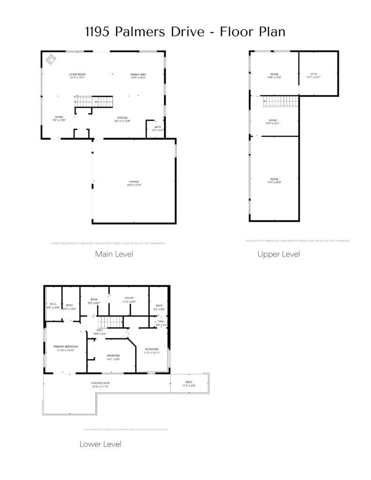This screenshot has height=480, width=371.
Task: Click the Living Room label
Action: tap(77, 75)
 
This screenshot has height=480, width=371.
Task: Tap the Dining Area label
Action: tap(138, 75)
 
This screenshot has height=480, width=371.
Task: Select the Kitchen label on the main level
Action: tap(122, 118)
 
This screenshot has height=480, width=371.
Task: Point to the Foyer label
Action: tap(59, 117)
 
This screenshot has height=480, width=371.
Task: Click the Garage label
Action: tap(135, 182)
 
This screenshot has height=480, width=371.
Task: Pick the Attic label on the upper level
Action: tap(314, 74)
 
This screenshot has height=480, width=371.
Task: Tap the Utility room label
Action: tap(129, 298)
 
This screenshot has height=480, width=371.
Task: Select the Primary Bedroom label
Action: tap(65, 346)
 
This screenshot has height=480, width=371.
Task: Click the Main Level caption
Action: tap(114, 254)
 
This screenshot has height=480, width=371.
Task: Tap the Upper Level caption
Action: tap(279, 254)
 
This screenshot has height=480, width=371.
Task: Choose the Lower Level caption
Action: tap(100, 444)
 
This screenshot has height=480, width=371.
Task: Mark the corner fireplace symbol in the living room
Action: tap(50, 60)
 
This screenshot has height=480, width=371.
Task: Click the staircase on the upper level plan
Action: tap(280, 101)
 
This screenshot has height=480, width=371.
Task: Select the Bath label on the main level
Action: tap(158, 127)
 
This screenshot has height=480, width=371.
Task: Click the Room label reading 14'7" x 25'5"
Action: tap(274, 180)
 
